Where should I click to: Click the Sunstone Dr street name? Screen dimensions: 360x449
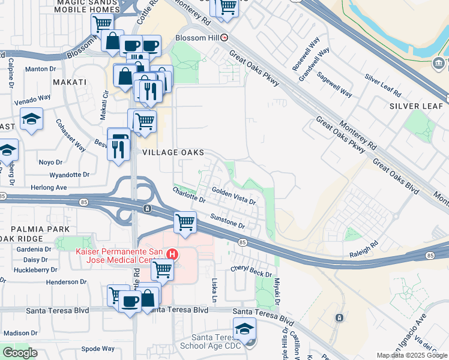tap(228, 221)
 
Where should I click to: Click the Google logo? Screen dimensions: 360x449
tap(19, 352)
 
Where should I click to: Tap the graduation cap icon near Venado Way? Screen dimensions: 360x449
tap(31, 119)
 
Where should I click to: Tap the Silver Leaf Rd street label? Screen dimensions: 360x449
tap(382, 86)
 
